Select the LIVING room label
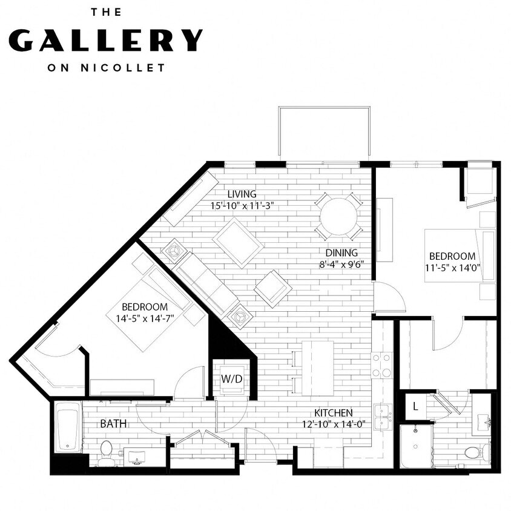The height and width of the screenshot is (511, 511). pos(242,194)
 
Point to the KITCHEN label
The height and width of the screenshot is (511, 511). pos(332,413)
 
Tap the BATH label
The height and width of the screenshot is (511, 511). pos(113,424)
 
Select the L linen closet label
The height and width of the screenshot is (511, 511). pos(415,407)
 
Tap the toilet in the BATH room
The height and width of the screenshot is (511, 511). pos(107,453)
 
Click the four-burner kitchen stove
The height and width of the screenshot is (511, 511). pos(381,364)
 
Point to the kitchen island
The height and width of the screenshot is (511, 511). pos(317,368)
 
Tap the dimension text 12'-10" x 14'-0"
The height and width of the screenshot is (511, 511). pos(332,424)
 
